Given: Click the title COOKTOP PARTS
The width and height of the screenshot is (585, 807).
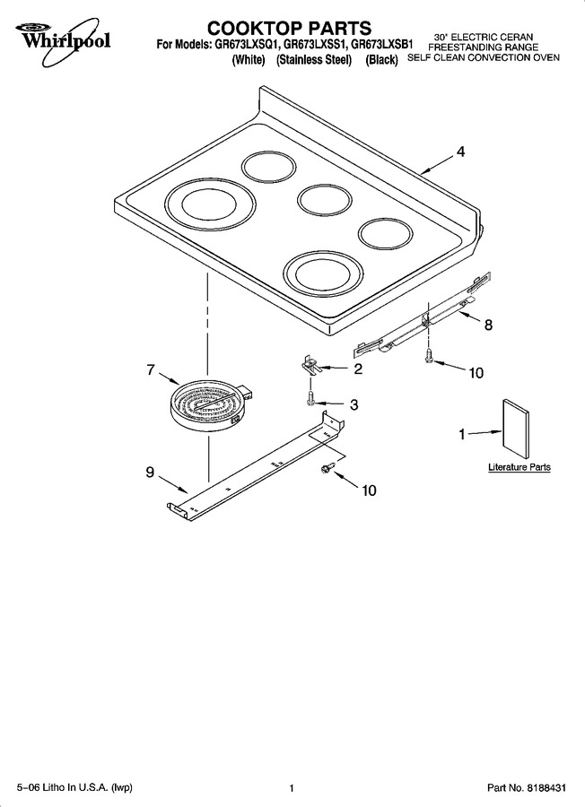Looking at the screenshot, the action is [x=289, y=27].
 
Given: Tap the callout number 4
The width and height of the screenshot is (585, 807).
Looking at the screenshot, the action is [x=460, y=152].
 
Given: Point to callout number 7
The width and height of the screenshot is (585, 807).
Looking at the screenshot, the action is [x=151, y=369].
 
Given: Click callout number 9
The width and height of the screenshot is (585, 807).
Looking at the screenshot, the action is [x=150, y=472].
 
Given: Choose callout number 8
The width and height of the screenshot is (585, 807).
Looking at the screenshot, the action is [x=488, y=325].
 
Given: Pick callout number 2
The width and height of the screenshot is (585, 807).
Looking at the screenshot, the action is [x=357, y=369].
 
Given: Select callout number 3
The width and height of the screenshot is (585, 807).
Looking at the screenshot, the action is [x=354, y=404].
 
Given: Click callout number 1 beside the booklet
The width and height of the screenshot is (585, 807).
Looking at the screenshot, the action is [x=462, y=435].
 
